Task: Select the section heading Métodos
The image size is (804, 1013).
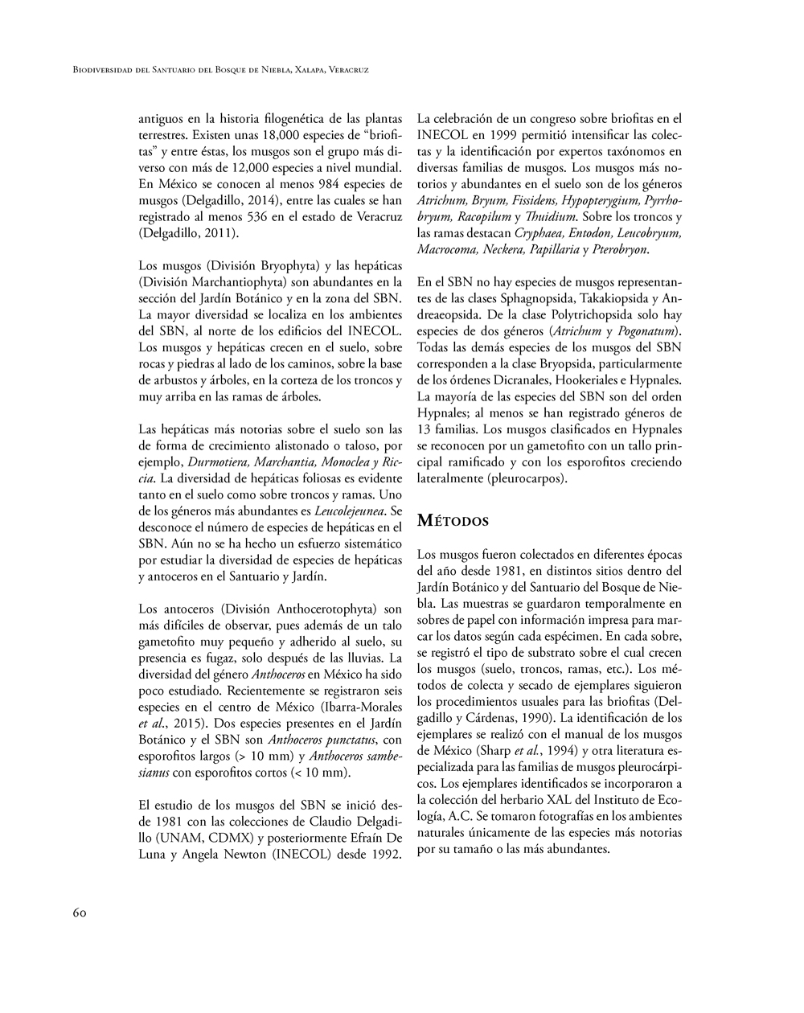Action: (x=453, y=521)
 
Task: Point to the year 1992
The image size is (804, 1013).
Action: (x=386, y=854)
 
